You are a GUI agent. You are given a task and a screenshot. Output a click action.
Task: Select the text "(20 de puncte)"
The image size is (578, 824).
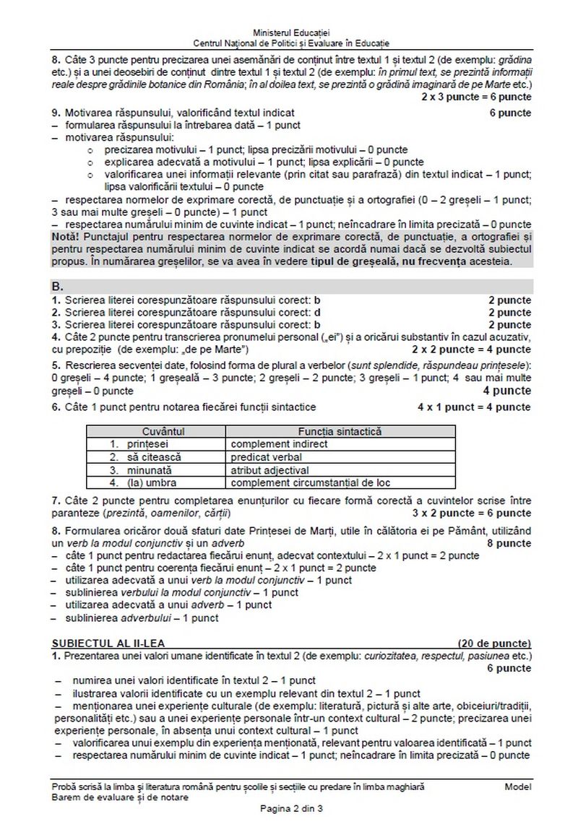tap(494, 643)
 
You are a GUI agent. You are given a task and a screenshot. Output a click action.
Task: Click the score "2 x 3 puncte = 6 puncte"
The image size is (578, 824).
tap(475, 96)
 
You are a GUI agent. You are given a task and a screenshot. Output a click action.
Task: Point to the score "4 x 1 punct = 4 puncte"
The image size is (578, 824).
tap(473, 407)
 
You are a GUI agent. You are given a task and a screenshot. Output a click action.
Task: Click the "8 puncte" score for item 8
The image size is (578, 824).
tap(509, 542)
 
